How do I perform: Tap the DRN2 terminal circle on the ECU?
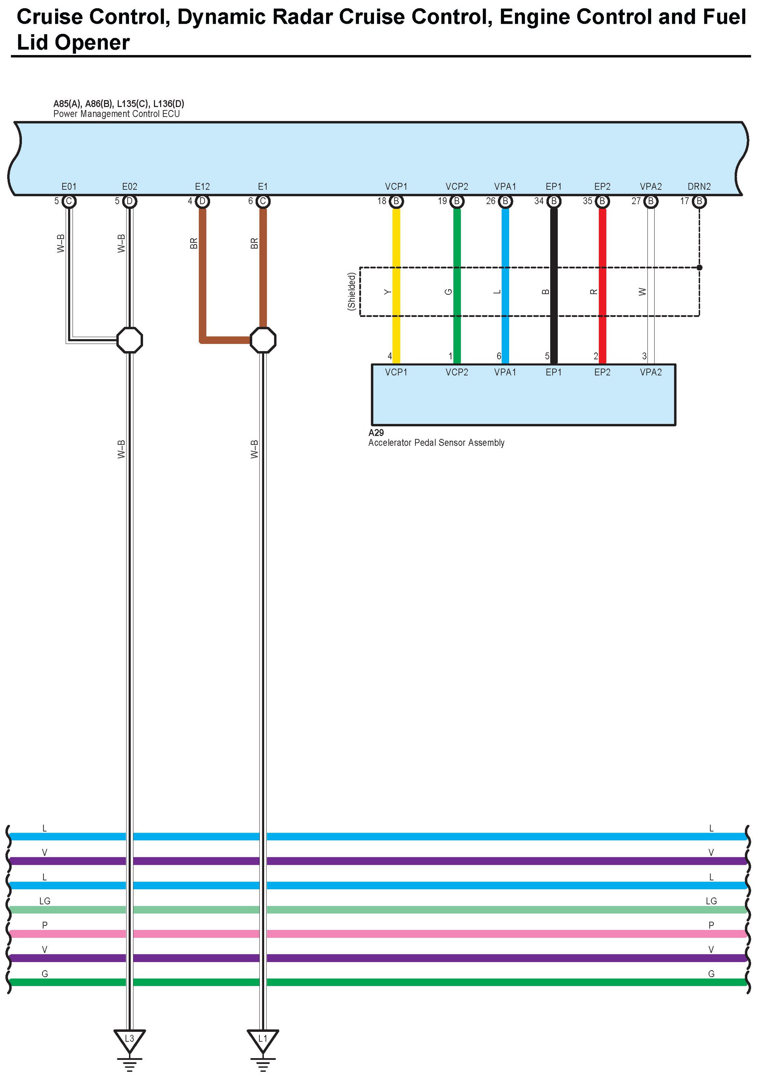(x=699, y=201)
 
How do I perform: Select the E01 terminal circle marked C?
(x=69, y=201)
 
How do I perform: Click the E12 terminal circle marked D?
(x=202, y=201)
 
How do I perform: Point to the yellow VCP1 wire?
(x=396, y=244)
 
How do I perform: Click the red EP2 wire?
(x=602, y=244)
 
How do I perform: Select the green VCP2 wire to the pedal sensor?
(x=457, y=244)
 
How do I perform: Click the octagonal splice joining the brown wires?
(x=263, y=340)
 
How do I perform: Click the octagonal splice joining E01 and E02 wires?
(x=129, y=340)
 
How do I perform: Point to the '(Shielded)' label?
(x=351, y=291)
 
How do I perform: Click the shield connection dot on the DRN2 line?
(x=699, y=267)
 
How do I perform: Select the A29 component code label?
(x=376, y=433)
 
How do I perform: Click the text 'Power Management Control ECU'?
(x=117, y=114)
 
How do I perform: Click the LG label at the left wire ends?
(x=45, y=901)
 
